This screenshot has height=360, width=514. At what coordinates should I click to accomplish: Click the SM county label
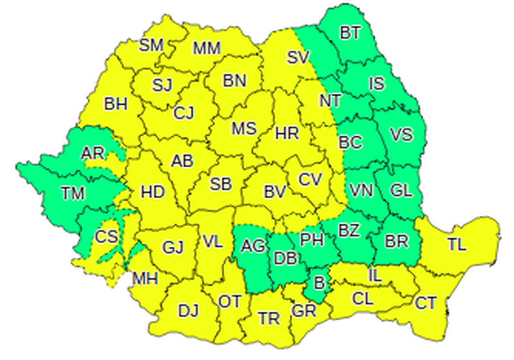pyautogui.click(x=152, y=44)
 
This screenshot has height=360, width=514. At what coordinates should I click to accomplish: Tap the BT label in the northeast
pyautogui.click(x=350, y=33)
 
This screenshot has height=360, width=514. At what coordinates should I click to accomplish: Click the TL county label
pyautogui.click(x=457, y=244)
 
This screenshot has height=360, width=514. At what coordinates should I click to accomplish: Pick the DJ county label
pyautogui.click(x=188, y=312)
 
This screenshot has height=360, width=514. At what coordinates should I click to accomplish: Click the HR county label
pyautogui.click(x=287, y=133)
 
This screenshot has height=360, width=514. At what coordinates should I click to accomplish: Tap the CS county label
pyautogui.click(x=106, y=236)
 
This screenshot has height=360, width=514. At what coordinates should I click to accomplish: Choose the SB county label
pyautogui.click(x=221, y=184)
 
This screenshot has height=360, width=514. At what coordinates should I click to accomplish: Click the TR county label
pyautogui.click(x=268, y=318)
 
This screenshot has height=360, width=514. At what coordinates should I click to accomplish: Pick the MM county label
pyautogui.click(x=206, y=48)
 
